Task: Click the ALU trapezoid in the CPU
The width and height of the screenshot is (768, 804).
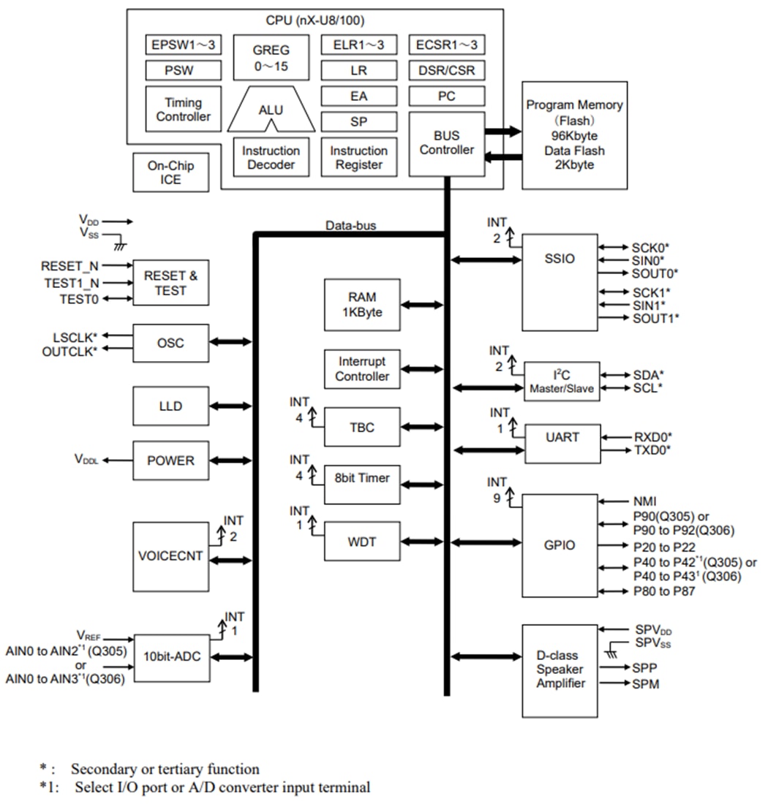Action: [271, 110]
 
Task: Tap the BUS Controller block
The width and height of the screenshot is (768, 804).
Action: [446, 143]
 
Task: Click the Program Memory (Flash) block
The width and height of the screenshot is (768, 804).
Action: [574, 135]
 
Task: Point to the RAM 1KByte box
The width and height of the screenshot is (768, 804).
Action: [362, 305]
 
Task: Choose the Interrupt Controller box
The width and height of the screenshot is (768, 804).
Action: [362, 369]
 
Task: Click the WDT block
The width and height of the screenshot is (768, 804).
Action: [362, 542]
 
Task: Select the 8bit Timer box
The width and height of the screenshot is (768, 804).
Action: [362, 479]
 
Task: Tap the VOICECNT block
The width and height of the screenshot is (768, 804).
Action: [170, 557]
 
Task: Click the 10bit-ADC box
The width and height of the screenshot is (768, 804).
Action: [171, 657]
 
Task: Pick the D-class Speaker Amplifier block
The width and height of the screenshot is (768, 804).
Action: [560, 670]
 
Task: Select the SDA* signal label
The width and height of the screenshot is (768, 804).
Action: [647, 374]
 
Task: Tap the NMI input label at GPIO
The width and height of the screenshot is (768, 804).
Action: [645, 501]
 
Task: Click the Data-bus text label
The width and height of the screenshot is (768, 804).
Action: [350, 225]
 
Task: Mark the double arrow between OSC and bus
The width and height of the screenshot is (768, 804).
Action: [230, 341]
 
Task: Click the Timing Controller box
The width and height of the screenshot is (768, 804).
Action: [184, 110]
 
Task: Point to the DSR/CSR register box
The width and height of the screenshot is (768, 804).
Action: [446, 71]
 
